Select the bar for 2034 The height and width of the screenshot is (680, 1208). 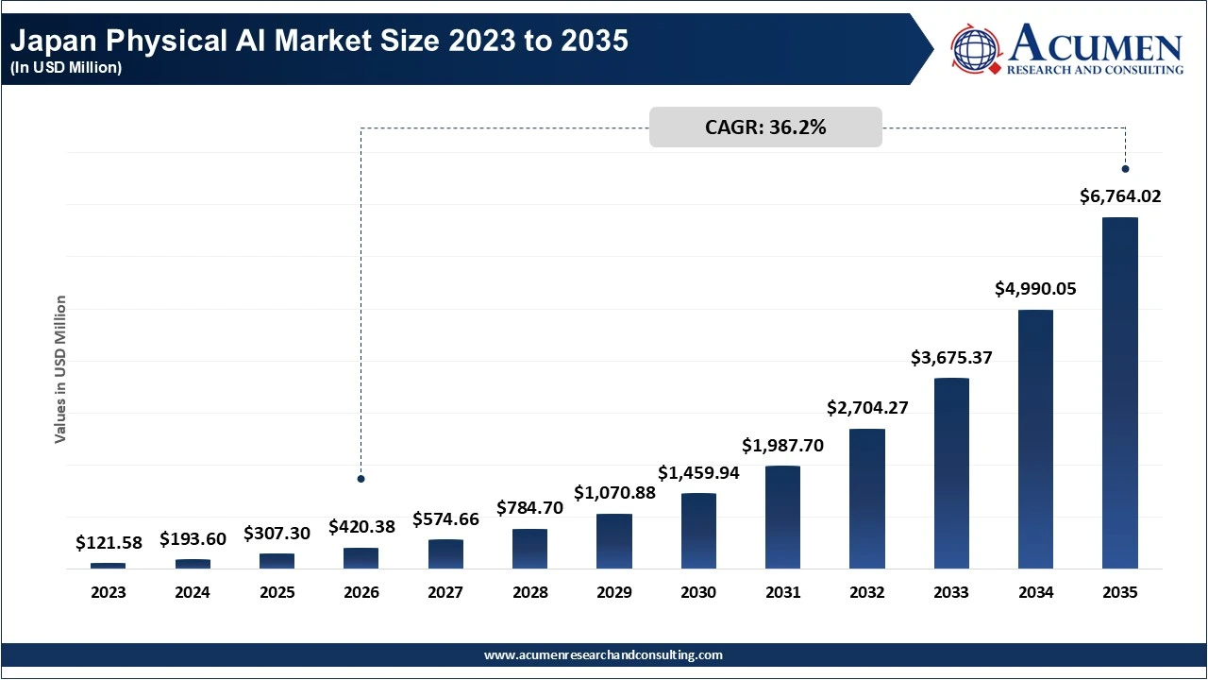[1035, 439]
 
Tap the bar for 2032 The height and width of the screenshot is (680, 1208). [867, 499]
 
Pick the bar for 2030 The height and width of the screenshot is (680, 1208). [698, 531]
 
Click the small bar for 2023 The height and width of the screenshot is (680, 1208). [109, 566]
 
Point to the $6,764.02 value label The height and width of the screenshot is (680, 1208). [1120, 197]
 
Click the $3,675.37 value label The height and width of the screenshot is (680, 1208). [951, 358]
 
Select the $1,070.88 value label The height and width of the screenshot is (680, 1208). [614, 493]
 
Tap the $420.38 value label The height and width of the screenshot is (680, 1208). [361, 527]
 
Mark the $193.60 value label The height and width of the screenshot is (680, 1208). [193, 539]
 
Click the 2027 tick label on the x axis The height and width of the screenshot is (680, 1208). [445, 593]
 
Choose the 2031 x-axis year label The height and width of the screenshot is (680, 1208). [782, 593]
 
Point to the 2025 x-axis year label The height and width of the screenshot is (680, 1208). [277, 593]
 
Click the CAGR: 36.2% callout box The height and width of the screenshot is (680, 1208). [765, 127]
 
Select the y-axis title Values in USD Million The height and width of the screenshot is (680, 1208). [60, 369]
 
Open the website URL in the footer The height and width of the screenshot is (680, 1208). [603, 654]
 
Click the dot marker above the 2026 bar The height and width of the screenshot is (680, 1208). [361, 479]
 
